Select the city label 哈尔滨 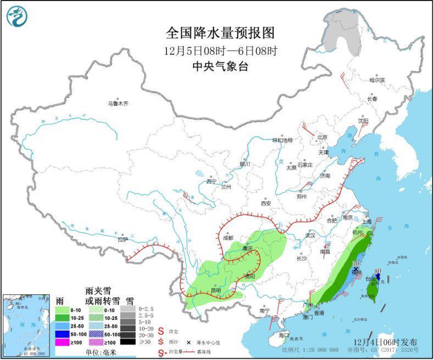(377, 80)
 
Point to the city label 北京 (322, 137)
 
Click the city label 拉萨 (123, 239)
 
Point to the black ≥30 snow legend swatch (127, 342)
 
